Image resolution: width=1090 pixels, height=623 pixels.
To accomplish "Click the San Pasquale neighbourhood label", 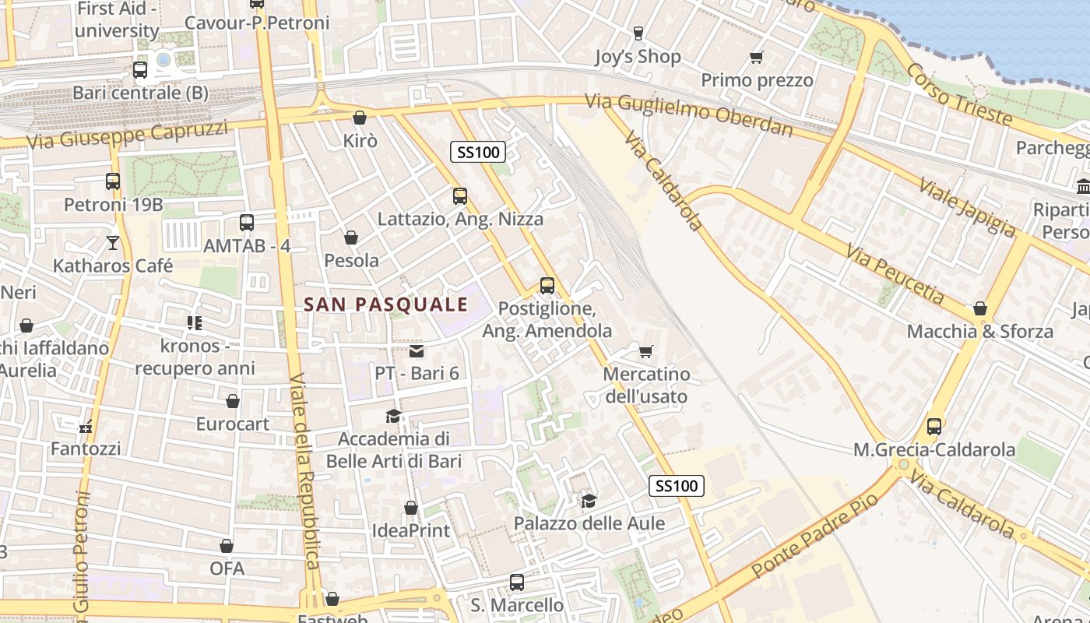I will click(x=386, y=304).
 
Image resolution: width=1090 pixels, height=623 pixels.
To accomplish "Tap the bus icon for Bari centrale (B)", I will click(x=140, y=70).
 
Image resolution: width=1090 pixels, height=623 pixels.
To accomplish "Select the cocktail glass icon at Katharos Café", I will click(x=113, y=243).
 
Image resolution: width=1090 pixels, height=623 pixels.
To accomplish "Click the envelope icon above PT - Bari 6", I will click(x=417, y=351).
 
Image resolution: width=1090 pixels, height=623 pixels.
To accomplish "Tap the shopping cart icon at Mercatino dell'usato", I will click(x=645, y=352).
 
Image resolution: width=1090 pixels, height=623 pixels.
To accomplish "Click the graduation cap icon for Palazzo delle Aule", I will click(x=589, y=500).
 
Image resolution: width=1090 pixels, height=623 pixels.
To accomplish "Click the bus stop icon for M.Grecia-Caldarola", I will click(x=934, y=427).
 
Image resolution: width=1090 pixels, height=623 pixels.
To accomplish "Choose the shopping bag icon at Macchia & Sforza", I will click(x=980, y=308).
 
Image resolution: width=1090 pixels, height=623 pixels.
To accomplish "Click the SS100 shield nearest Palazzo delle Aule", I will click(x=677, y=486).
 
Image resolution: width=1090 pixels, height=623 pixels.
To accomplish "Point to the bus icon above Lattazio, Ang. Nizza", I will click(x=460, y=196).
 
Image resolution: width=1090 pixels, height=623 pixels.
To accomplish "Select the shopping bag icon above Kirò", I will click(x=360, y=118).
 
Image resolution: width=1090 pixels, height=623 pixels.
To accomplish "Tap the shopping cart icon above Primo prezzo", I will click(x=756, y=57).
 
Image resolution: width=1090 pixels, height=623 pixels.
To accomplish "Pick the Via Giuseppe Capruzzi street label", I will click(x=127, y=135).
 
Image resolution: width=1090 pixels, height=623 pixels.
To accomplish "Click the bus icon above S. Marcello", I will click(x=517, y=583).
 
